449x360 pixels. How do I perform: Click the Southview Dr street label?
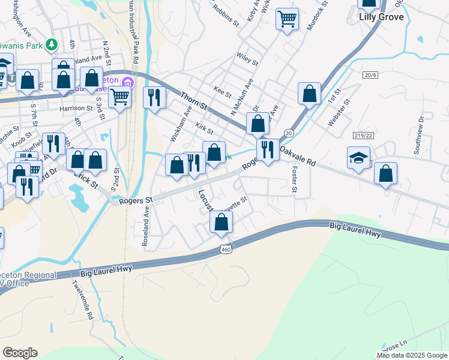click(x=420, y=135)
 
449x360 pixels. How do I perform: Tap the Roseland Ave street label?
click(x=146, y=227)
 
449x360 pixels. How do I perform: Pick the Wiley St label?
click(x=247, y=59)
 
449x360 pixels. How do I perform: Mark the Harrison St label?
click(x=76, y=109)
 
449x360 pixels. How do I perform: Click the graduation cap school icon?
click(x=358, y=157)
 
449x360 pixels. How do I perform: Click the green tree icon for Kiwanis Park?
click(x=52, y=44)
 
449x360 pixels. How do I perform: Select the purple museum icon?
click(x=127, y=82)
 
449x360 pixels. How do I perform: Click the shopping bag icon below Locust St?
click(x=221, y=223)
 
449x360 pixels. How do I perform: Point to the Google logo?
click(x=20, y=353)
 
